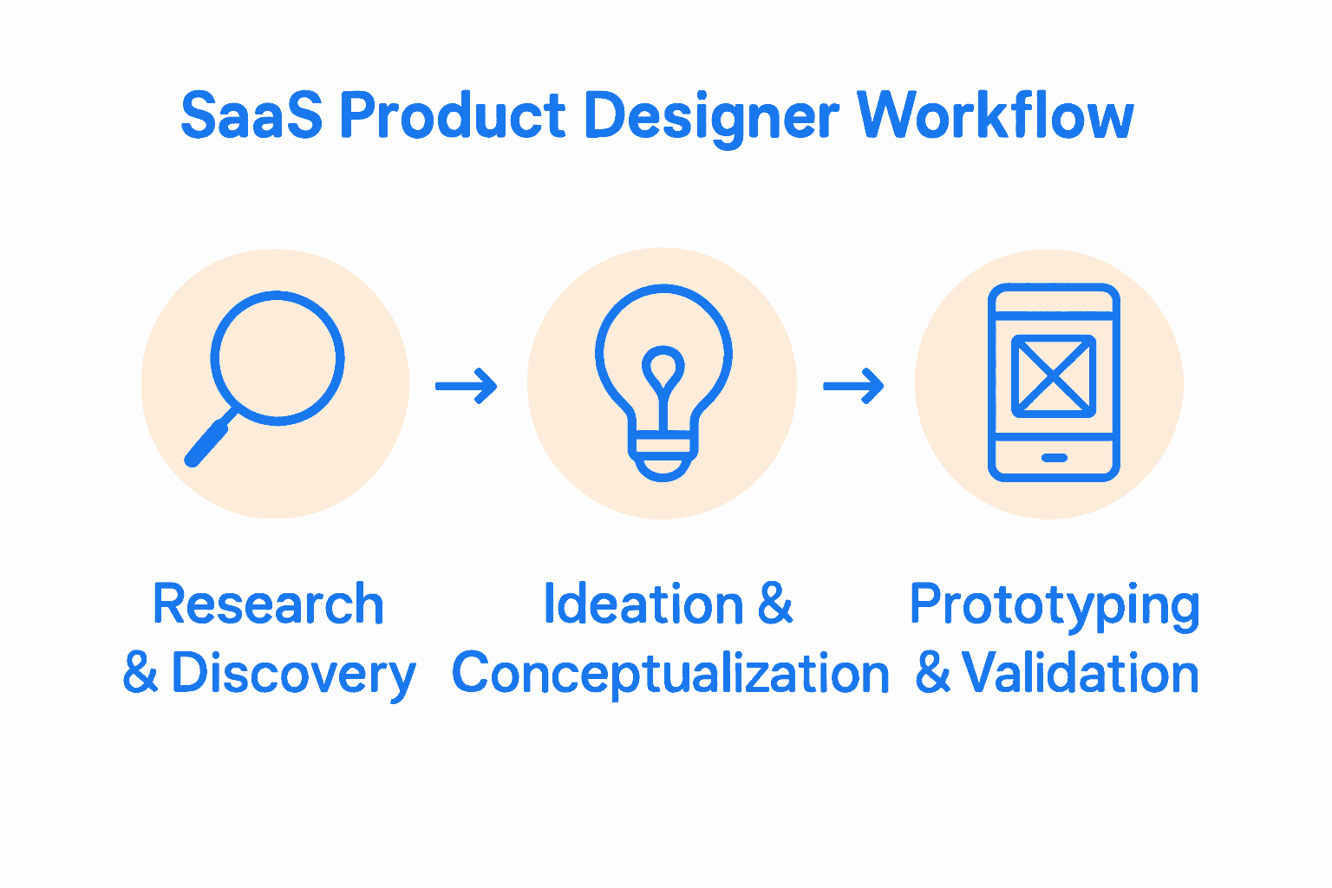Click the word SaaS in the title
251,115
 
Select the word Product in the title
452,115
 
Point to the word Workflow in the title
995,115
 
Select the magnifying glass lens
277,357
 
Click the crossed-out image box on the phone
1054,375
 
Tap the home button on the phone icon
1054,458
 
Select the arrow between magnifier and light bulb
467,386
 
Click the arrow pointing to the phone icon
853,386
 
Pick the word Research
268,604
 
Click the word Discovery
293,674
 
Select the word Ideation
643,604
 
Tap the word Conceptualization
670,674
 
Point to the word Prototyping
1054,606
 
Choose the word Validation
1080,674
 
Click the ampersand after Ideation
775,604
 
